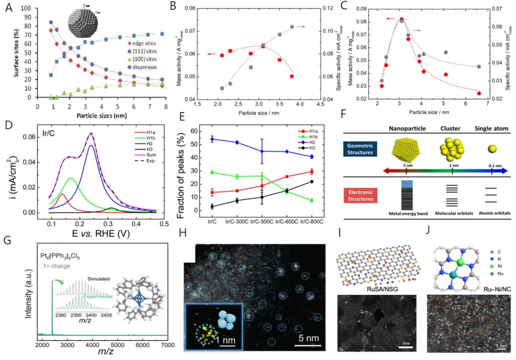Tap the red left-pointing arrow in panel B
tap(211, 54)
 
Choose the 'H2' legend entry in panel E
tap(314, 142)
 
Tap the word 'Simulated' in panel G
tap(98, 278)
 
